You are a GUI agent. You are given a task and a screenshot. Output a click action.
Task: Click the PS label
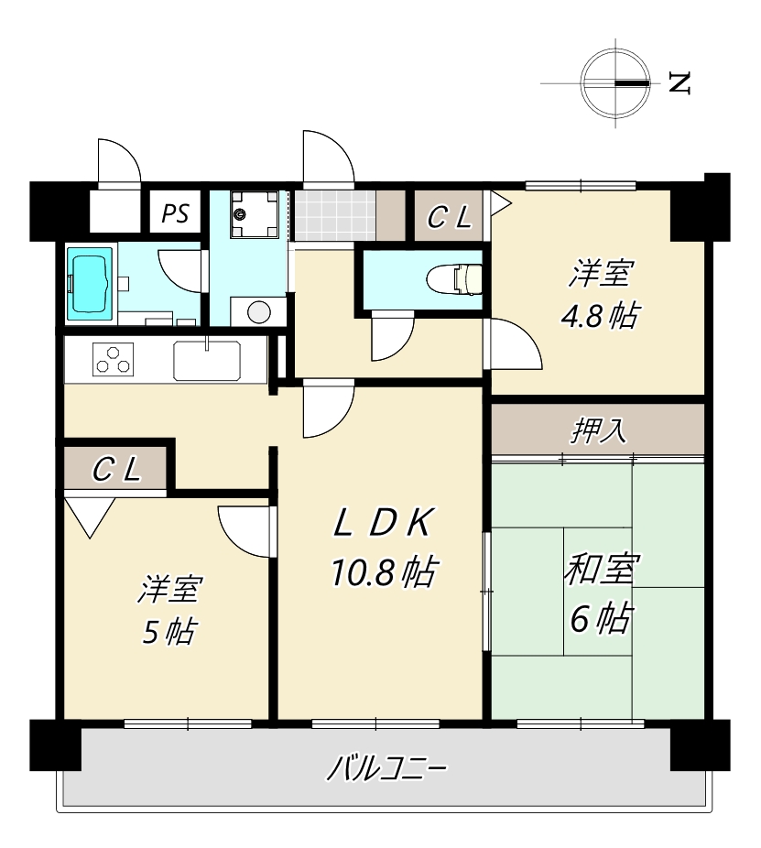175,213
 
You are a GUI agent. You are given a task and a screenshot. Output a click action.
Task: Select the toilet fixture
454,279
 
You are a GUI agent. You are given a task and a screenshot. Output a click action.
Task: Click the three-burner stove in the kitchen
113,359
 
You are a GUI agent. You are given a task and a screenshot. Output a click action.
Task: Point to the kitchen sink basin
207,360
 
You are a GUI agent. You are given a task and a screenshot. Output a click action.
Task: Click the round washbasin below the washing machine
258,312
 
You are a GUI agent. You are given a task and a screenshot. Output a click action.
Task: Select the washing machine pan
255,214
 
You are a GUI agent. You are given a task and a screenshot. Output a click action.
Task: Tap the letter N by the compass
679,82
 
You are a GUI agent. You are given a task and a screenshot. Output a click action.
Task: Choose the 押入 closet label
599,430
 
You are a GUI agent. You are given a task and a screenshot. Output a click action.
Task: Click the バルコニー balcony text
386,768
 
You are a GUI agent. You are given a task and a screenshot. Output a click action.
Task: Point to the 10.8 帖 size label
384,572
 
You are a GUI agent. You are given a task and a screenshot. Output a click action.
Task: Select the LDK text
384,523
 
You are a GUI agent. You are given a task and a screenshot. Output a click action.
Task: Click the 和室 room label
602,569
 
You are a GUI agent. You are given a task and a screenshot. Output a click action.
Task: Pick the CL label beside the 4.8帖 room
450,217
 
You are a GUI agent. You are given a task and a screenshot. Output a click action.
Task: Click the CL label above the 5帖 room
117,470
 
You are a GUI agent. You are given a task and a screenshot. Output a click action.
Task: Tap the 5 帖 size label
169,631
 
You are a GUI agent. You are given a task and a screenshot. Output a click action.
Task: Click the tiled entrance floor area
334,215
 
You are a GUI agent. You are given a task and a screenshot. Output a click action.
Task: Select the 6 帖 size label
601,618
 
